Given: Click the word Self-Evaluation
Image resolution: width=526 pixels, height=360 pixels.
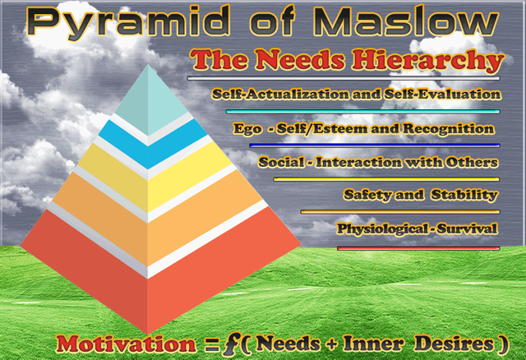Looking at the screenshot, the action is point(443,95).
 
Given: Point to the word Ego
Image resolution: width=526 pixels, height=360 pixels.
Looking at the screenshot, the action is point(247,129).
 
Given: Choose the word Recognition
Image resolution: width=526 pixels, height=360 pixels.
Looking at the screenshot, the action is point(449,128).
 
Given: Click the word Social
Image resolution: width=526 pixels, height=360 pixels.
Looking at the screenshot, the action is point(281,162).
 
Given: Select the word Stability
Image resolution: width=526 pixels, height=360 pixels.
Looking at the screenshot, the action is point(464,195).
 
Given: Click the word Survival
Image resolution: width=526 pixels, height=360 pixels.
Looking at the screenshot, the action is point(468,228).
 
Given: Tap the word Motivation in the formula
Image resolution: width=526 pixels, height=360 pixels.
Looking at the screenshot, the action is point(127,344).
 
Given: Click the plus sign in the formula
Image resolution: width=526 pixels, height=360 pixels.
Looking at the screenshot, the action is point(332,344).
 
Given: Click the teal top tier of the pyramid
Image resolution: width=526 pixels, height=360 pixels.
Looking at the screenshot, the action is point(150,99).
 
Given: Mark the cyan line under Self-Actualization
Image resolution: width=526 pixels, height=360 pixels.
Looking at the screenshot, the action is point(363,112).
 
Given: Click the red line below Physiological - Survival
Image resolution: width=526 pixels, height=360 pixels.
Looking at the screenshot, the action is point(418,248).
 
